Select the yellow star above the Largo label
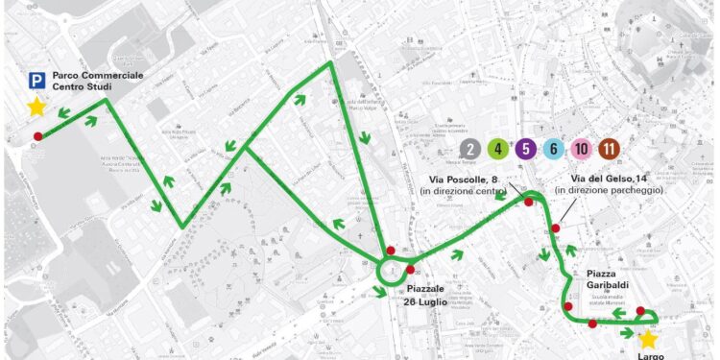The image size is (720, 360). (x=648, y=339)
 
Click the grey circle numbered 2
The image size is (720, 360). (x=470, y=149)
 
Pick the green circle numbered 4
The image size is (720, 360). (x=498, y=149)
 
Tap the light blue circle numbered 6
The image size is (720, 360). (x=554, y=149)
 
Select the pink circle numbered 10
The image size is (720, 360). (x=582, y=149)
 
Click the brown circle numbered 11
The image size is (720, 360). (x=609, y=149)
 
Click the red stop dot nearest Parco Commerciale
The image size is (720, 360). (x=37, y=136)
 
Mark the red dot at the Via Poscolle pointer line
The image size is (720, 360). (x=528, y=202)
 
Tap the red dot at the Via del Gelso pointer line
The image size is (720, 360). (x=556, y=228)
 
